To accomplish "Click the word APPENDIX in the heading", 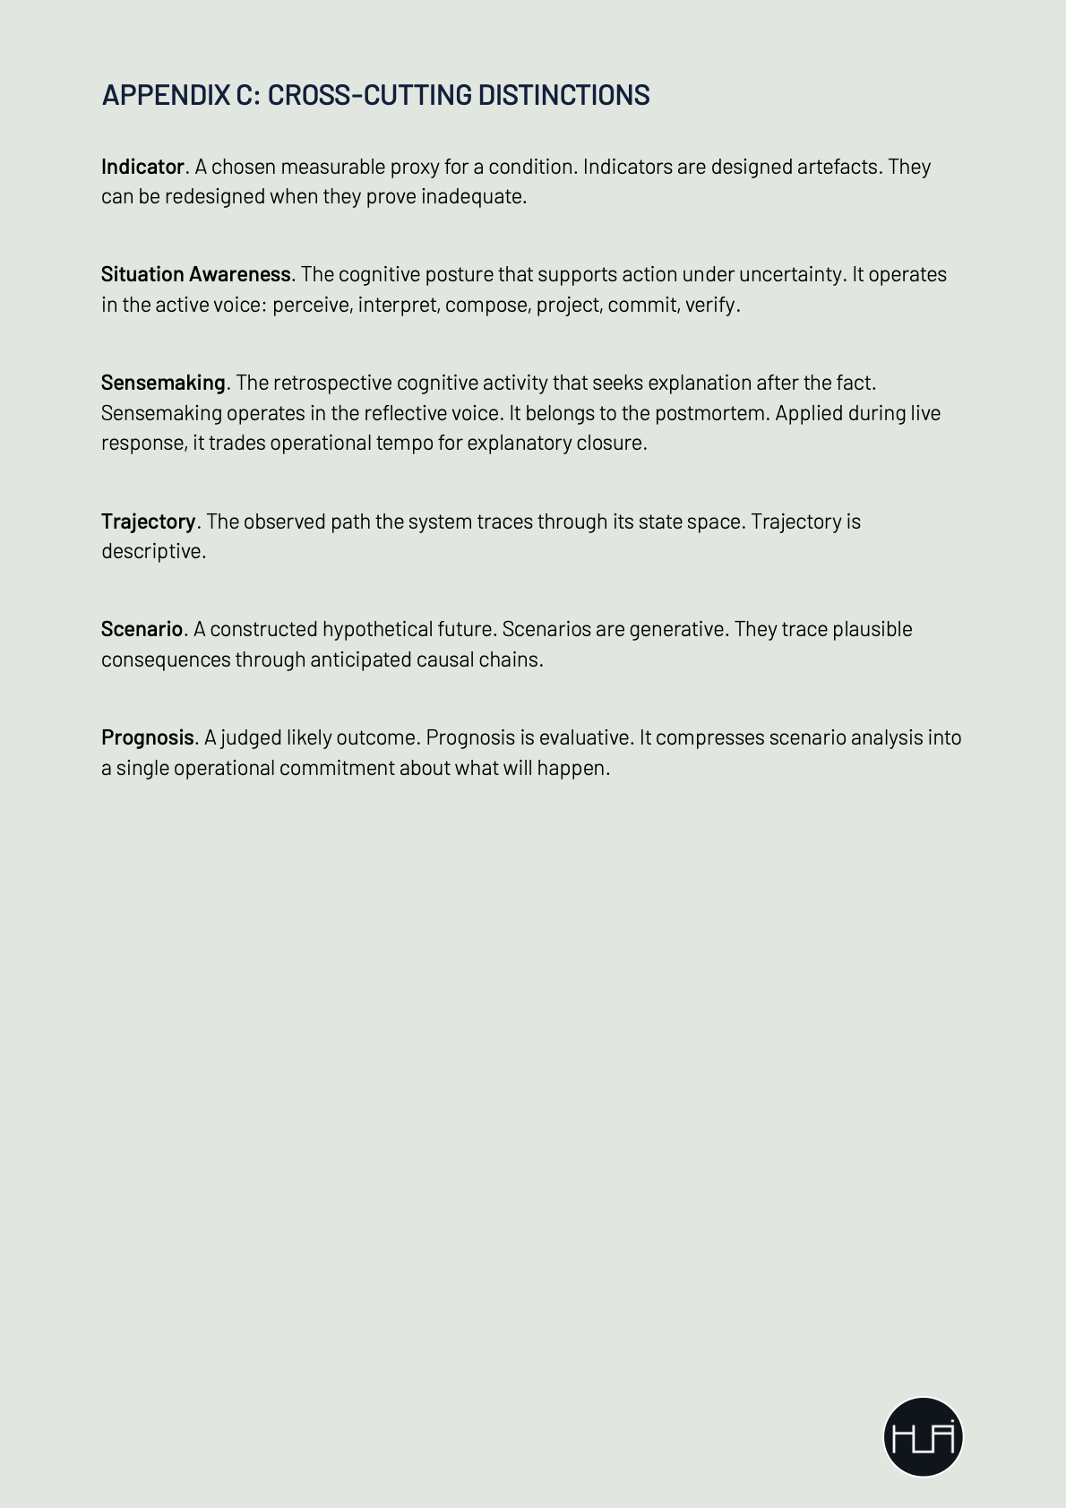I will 166,95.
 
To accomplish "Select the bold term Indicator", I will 142,167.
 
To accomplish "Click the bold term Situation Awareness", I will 195,274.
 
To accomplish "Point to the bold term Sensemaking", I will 163,383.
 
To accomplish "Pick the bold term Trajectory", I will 148,521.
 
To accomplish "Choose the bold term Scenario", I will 142,629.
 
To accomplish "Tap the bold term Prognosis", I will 147,737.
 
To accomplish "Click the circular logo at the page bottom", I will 923,1436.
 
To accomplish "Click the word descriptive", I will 151,551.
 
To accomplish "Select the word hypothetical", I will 377,629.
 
